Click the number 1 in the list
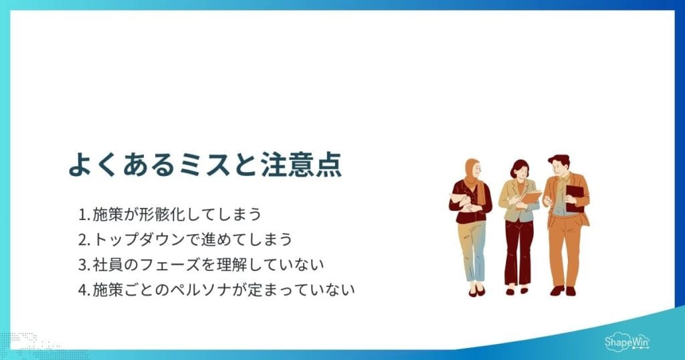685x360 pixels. click(82, 215)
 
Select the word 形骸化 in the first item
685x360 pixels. click(153, 215)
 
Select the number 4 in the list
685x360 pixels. click(82, 290)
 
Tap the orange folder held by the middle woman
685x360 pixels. click(532, 197)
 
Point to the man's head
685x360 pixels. click(559, 165)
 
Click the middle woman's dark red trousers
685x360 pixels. click(518, 251)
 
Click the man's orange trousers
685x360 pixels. click(564, 248)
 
